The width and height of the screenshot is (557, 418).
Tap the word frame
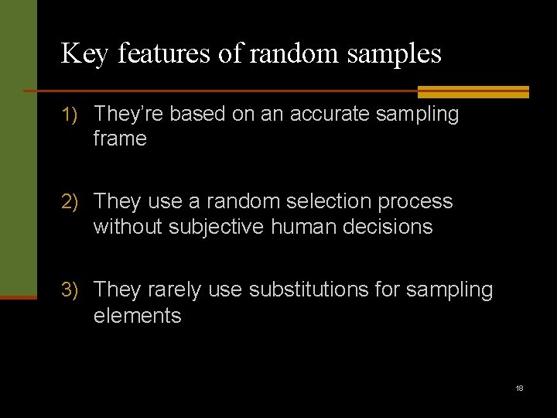pyautogui.click(x=120, y=139)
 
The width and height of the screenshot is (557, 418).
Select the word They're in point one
pyautogui.click(x=128, y=115)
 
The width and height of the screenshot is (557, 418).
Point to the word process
pyautogui.click(x=416, y=203)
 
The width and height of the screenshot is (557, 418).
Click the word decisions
pyautogui.click(x=388, y=227)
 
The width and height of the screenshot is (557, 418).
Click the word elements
pyautogui.click(x=137, y=316)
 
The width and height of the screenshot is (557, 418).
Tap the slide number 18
pyautogui.click(x=519, y=388)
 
